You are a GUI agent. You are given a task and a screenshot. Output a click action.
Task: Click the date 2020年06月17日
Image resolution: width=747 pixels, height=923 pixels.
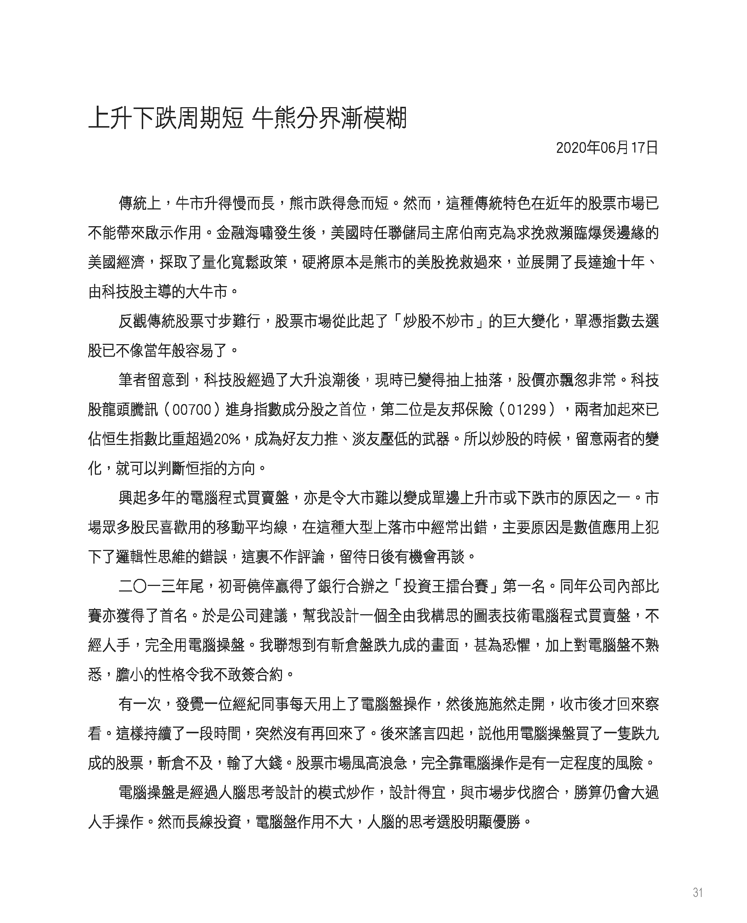pyautogui.click(x=607, y=148)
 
